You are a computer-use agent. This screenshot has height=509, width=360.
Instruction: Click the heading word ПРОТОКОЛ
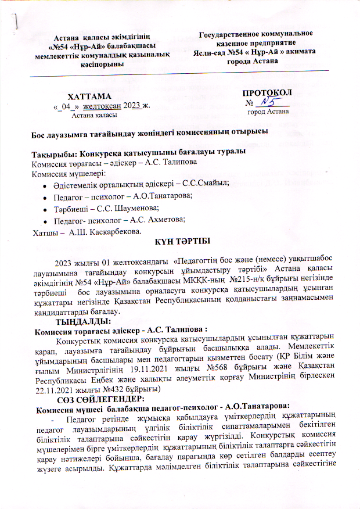click(x=267, y=93)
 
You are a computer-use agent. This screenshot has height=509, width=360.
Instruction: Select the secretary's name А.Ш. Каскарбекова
click(x=104, y=232)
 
